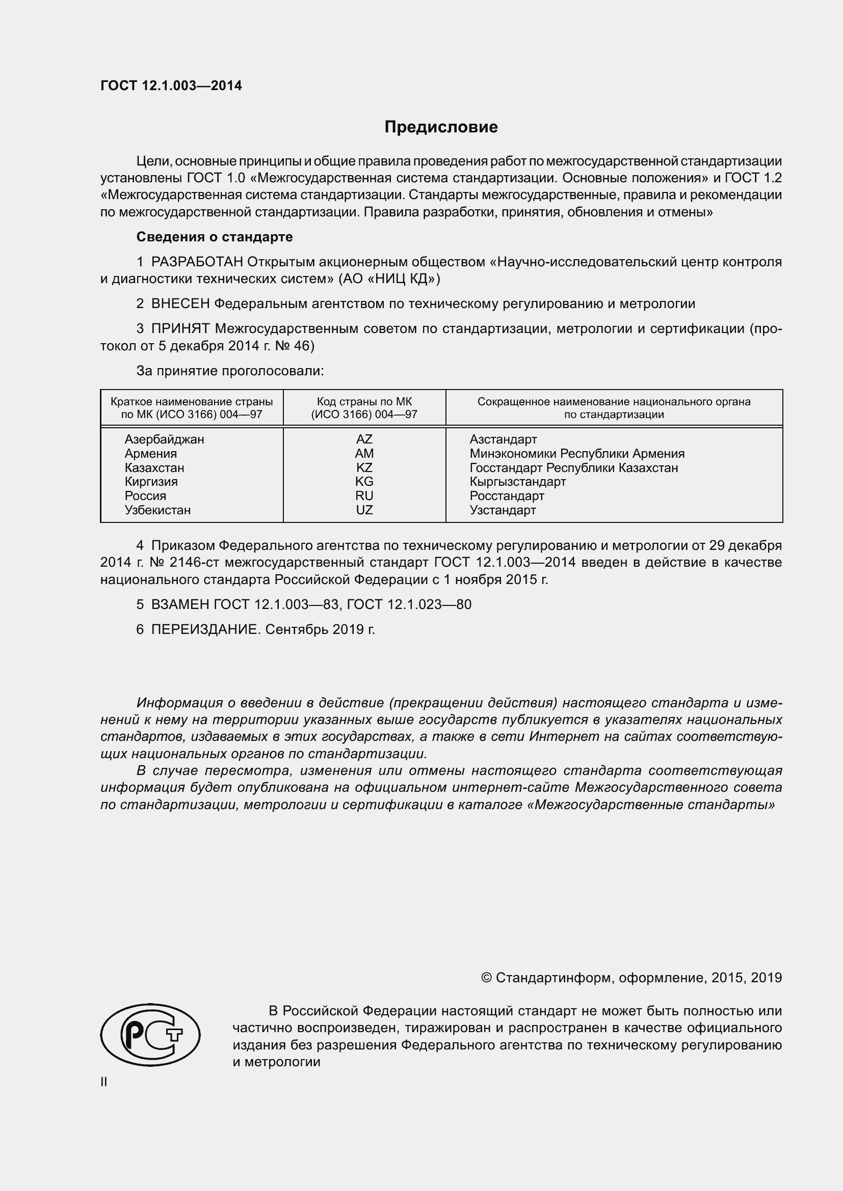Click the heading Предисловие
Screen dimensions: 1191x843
coord(441,127)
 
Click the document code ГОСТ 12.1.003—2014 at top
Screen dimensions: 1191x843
coord(171,86)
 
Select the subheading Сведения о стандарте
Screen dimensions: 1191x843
coord(215,237)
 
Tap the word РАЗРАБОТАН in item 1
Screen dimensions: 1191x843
coord(197,262)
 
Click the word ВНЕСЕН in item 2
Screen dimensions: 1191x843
coord(180,303)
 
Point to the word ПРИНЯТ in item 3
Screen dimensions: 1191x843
coord(180,328)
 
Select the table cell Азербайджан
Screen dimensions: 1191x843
coord(164,439)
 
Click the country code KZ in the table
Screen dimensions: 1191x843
coord(364,467)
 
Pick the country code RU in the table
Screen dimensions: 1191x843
coord(364,495)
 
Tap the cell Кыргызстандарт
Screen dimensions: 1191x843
coord(517,481)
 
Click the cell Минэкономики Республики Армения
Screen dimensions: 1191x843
coord(577,453)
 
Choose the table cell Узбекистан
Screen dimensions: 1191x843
coord(157,510)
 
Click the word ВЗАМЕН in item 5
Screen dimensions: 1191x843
coord(180,604)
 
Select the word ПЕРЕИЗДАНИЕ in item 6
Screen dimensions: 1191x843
coord(204,629)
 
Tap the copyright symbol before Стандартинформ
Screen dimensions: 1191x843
coord(486,978)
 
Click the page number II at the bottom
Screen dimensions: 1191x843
coord(104,1082)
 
